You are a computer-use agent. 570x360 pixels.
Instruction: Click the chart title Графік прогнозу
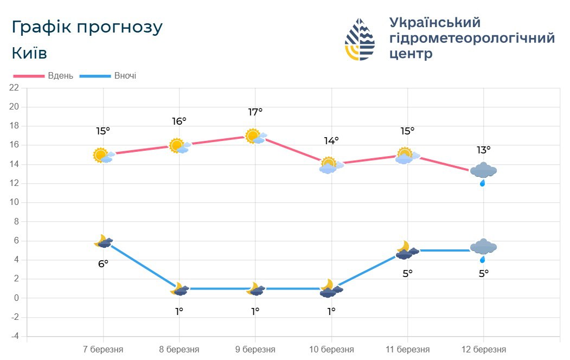coord(87,28)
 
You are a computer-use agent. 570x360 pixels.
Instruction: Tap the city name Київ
coord(29,54)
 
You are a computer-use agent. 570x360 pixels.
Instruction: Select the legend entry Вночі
coord(125,76)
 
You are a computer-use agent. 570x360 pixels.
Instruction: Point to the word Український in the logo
coord(435,23)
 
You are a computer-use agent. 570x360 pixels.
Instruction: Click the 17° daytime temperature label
coord(255,112)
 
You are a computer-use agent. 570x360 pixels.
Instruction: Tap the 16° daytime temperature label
coord(179,121)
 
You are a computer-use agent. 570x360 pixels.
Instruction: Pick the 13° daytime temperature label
coord(483,150)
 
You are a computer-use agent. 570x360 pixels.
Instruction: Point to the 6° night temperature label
coord(103,264)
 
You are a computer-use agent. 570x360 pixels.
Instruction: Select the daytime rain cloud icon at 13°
coord(483,172)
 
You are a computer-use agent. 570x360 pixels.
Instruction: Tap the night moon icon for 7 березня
coord(103,242)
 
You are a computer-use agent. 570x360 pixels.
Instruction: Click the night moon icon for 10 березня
coord(330,288)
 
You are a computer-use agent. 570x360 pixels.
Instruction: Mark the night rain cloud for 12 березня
coord(483,249)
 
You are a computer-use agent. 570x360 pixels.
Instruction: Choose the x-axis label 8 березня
coord(179,350)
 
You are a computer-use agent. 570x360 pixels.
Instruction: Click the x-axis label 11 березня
coord(407,350)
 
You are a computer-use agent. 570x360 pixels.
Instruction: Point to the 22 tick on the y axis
coord(15,88)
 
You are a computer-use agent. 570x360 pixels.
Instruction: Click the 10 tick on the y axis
coord(15,203)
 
